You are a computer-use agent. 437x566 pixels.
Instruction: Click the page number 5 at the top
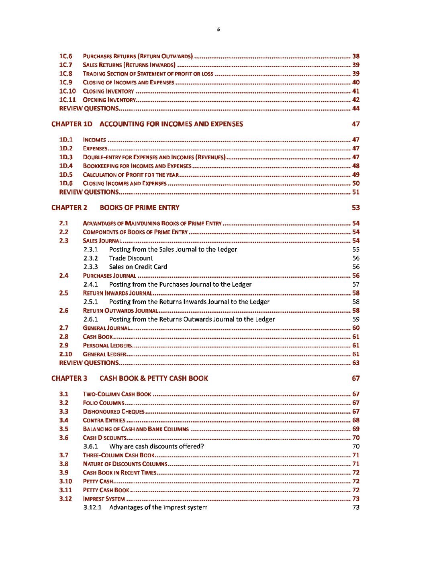[x=218, y=29]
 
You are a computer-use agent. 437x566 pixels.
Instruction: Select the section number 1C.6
[x=66, y=56]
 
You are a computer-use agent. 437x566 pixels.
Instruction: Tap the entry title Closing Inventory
[x=108, y=91]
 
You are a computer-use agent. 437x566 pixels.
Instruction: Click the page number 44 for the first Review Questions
[x=356, y=109]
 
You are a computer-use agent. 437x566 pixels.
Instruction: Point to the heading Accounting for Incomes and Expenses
[x=171, y=124]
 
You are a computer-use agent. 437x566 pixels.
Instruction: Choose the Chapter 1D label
[x=72, y=124]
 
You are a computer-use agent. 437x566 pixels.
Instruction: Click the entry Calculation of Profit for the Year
[x=131, y=175]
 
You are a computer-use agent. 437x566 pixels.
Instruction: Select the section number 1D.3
[x=66, y=157]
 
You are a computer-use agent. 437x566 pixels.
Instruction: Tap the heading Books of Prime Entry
[x=139, y=208]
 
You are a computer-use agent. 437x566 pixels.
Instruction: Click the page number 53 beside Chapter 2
[x=356, y=208]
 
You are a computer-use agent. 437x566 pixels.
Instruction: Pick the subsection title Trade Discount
[x=131, y=258]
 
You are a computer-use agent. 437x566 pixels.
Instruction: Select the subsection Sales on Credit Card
[x=138, y=267]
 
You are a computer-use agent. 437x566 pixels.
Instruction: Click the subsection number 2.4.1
[x=91, y=285]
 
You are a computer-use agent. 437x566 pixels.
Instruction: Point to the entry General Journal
[x=106, y=328]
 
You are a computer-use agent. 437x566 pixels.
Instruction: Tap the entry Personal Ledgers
[x=107, y=346]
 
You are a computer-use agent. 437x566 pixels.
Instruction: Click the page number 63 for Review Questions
[x=356, y=363]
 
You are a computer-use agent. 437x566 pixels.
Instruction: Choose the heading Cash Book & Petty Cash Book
[x=154, y=378]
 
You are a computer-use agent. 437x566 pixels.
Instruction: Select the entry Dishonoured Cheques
[x=114, y=412]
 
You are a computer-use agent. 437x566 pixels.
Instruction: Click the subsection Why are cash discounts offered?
[x=157, y=447]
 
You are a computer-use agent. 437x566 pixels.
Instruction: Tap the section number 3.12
[x=65, y=499]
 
